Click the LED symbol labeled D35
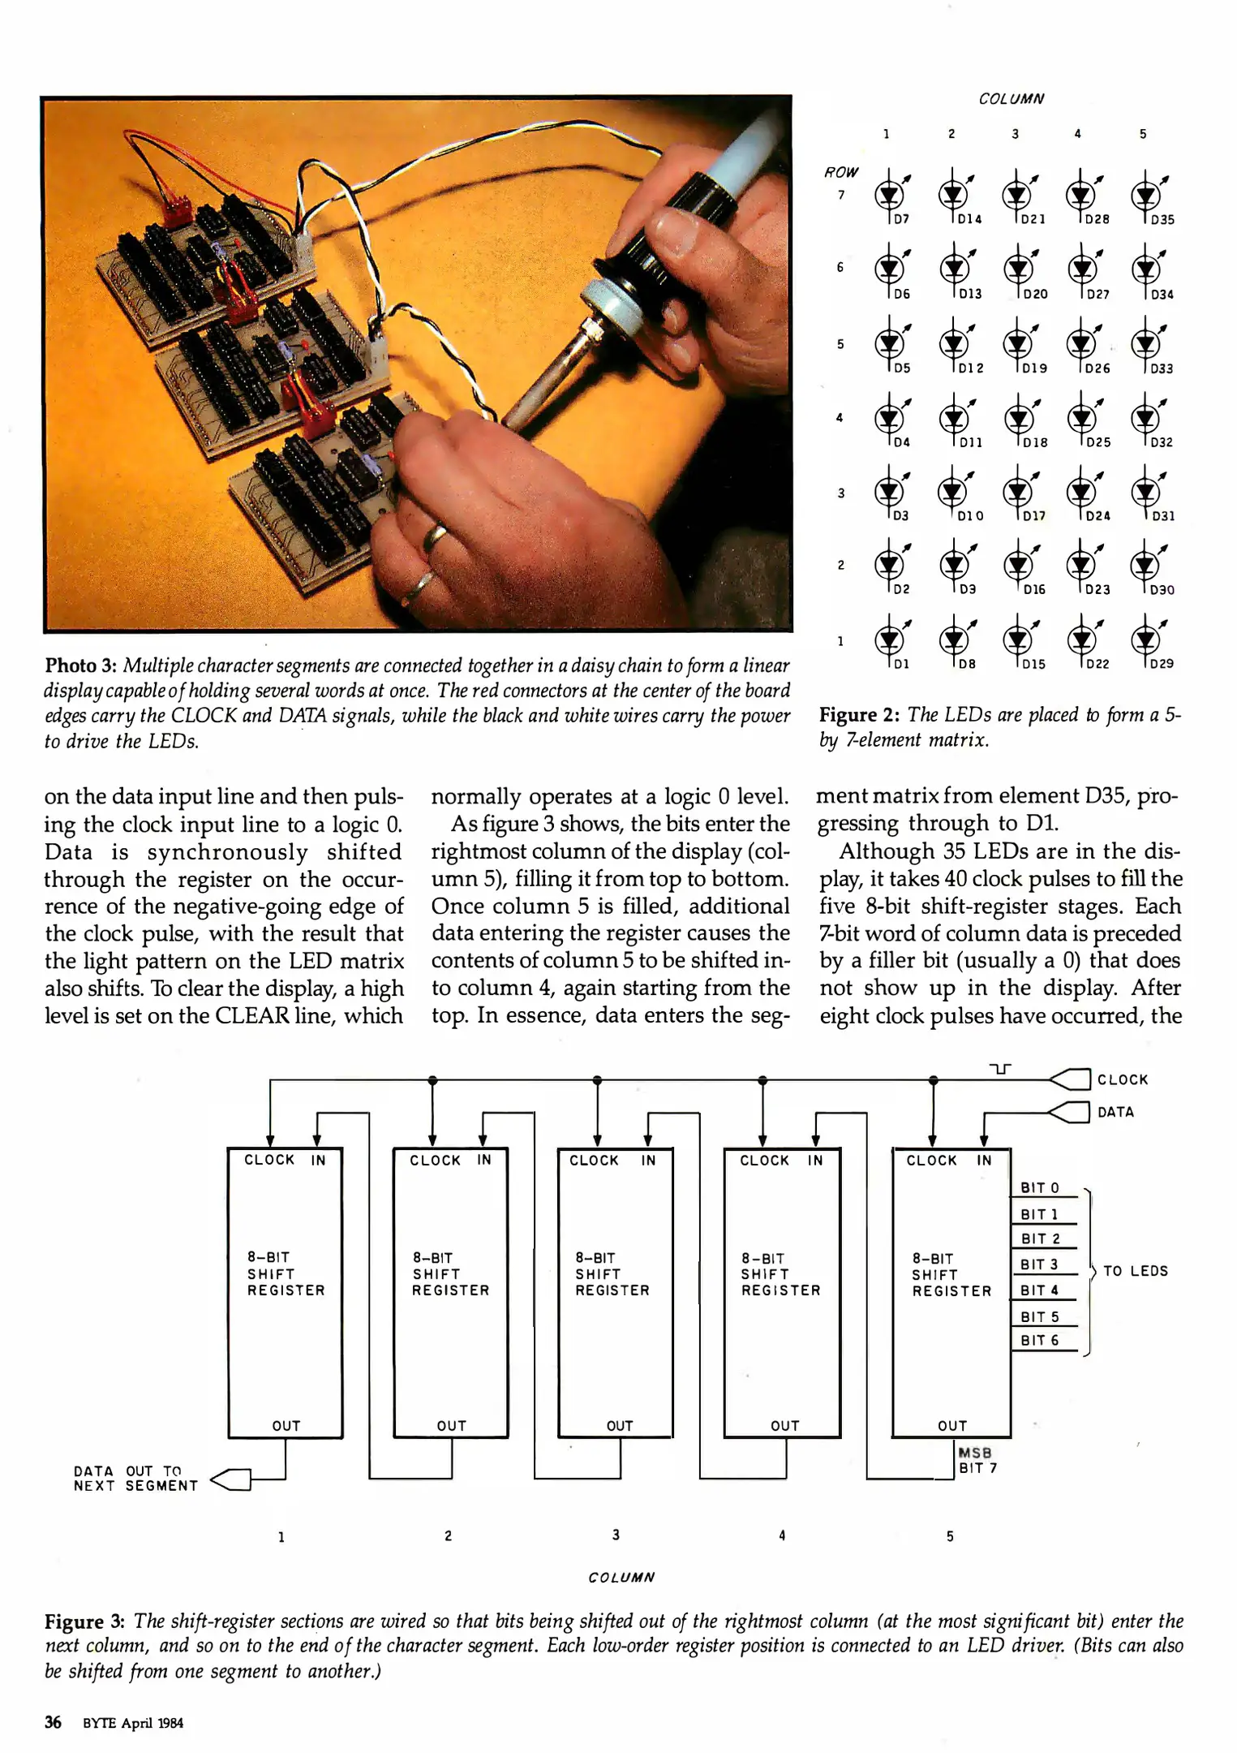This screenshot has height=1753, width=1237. pyautogui.click(x=1144, y=196)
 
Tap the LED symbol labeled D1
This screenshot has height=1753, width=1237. pyautogui.click(x=889, y=640)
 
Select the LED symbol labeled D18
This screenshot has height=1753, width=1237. pyautogui.click(x=1017, y=418)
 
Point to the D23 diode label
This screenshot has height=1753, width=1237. pyautogui.click(x=1097, y=590)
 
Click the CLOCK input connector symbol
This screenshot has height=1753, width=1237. pyautogui.click(x=1070, y=1079)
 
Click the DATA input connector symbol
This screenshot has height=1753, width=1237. pyautogui.click(x=1070, y=1112)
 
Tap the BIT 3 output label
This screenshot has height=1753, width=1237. pyautogui.click(x=1039, y=1264)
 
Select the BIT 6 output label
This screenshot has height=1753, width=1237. pyautogui.click(x=1039, y=1341)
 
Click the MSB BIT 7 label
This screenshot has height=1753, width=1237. pyautogui.click(x=977, y=1460)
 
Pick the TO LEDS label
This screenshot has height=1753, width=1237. pyautogui.click(x=1135, y=1271)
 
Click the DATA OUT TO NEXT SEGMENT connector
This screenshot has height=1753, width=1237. pyautogui.click(x=231, y=1479)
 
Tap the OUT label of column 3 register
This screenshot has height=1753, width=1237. pyautogui.click(x=619, y=1426)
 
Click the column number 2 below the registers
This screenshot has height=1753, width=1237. pyautogui.click(x=448, y=1535)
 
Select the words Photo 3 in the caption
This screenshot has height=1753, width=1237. pyautogui.click(x=81, y=666)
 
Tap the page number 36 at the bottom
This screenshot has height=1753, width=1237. pyautogui.click(x=53, y=1722)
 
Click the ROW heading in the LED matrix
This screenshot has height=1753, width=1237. pyautogui.click(x=840, y=172)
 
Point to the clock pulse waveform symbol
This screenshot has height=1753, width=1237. pyautogui.click(x=1001, y=1070)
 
